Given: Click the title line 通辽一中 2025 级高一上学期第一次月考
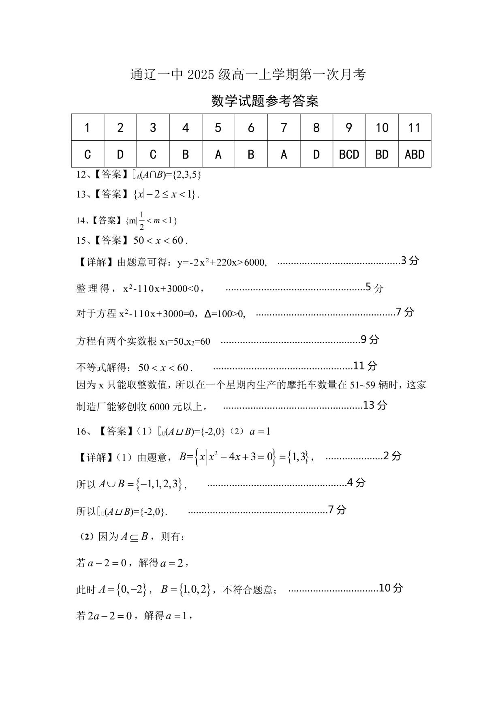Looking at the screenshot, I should pyautogui.click(x=248, y=75).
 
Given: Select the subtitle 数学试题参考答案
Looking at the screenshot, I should pyautogui.click(x=265, y=101).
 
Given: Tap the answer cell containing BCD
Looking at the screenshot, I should pyautogui.click(x=349, y=154).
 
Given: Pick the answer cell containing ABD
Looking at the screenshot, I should pyautogui.click(x=415, y=154).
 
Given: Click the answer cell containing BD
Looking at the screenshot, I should pyautogui.click(x=382, y=154).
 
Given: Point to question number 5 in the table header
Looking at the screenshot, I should pyautogui.click(x=218, y=128).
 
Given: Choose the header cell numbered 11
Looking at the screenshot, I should pyautogui.click(x=415, y=128).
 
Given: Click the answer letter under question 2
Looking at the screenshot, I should pyautogui.click(x=120, y=154).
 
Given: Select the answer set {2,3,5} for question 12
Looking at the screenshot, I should pyautogui.click(x=187, y=175).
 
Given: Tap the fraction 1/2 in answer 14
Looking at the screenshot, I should pyautogui.click(x=142, y=220).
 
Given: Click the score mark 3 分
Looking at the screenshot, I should pyautogui.click(x=409, y=261).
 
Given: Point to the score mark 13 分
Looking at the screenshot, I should pyautogui.click(x=375, y=405).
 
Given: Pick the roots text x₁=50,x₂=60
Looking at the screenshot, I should pyautogui.click(x=185, y=341).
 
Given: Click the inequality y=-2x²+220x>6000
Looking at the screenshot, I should pyautogui.click(x=222, y=263).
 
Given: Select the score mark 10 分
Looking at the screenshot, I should pyautogui.click(x=391, y=588).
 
